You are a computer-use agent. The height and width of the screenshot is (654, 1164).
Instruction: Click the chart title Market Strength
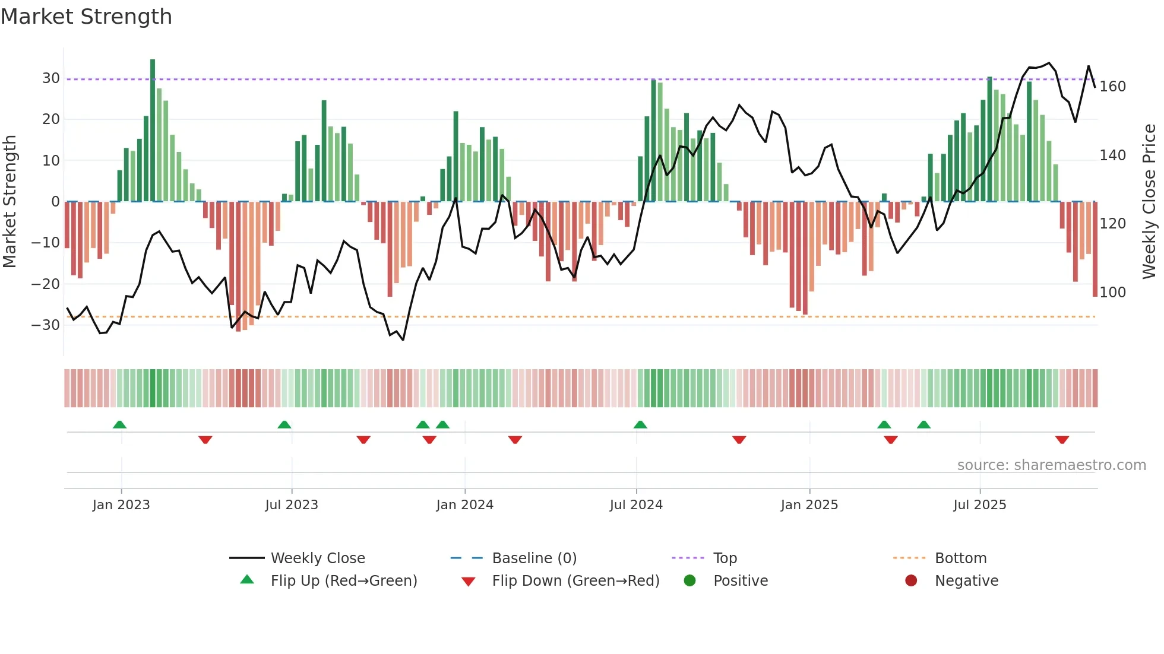click(87, 17)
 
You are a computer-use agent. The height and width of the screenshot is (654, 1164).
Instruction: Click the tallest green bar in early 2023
click(153, 131)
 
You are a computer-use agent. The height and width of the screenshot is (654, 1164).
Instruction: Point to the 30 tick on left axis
click(51, 78)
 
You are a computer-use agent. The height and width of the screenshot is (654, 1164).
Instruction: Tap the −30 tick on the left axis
click(46, 325)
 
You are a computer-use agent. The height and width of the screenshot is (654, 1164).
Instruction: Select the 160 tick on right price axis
click(1112, 87)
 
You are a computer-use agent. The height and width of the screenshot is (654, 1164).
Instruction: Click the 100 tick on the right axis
click(1112, 293)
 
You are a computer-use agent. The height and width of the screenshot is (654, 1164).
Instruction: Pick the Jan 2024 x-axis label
click(464, 505)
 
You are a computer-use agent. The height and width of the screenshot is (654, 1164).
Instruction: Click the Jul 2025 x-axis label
click(980, 505)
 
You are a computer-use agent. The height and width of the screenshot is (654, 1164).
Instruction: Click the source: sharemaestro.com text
click(1051, 465)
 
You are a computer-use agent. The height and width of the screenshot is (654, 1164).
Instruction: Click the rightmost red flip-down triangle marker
click(1062, 440)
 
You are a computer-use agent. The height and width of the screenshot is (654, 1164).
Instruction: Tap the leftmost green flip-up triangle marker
click(119, 424)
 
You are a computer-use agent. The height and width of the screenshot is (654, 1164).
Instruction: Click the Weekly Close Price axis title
click(1150, 202)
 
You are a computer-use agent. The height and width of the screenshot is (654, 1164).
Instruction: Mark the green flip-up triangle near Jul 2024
click(640, 424)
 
